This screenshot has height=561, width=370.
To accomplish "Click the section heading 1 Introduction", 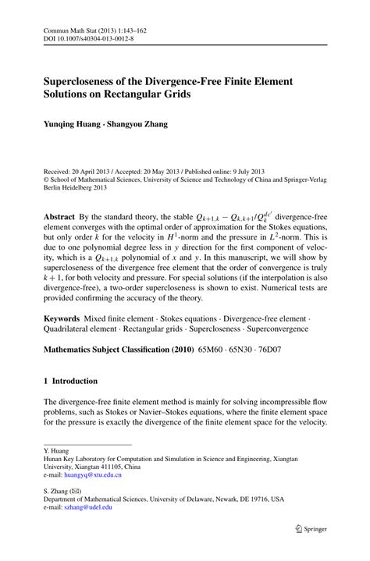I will (x=71, y=381).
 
